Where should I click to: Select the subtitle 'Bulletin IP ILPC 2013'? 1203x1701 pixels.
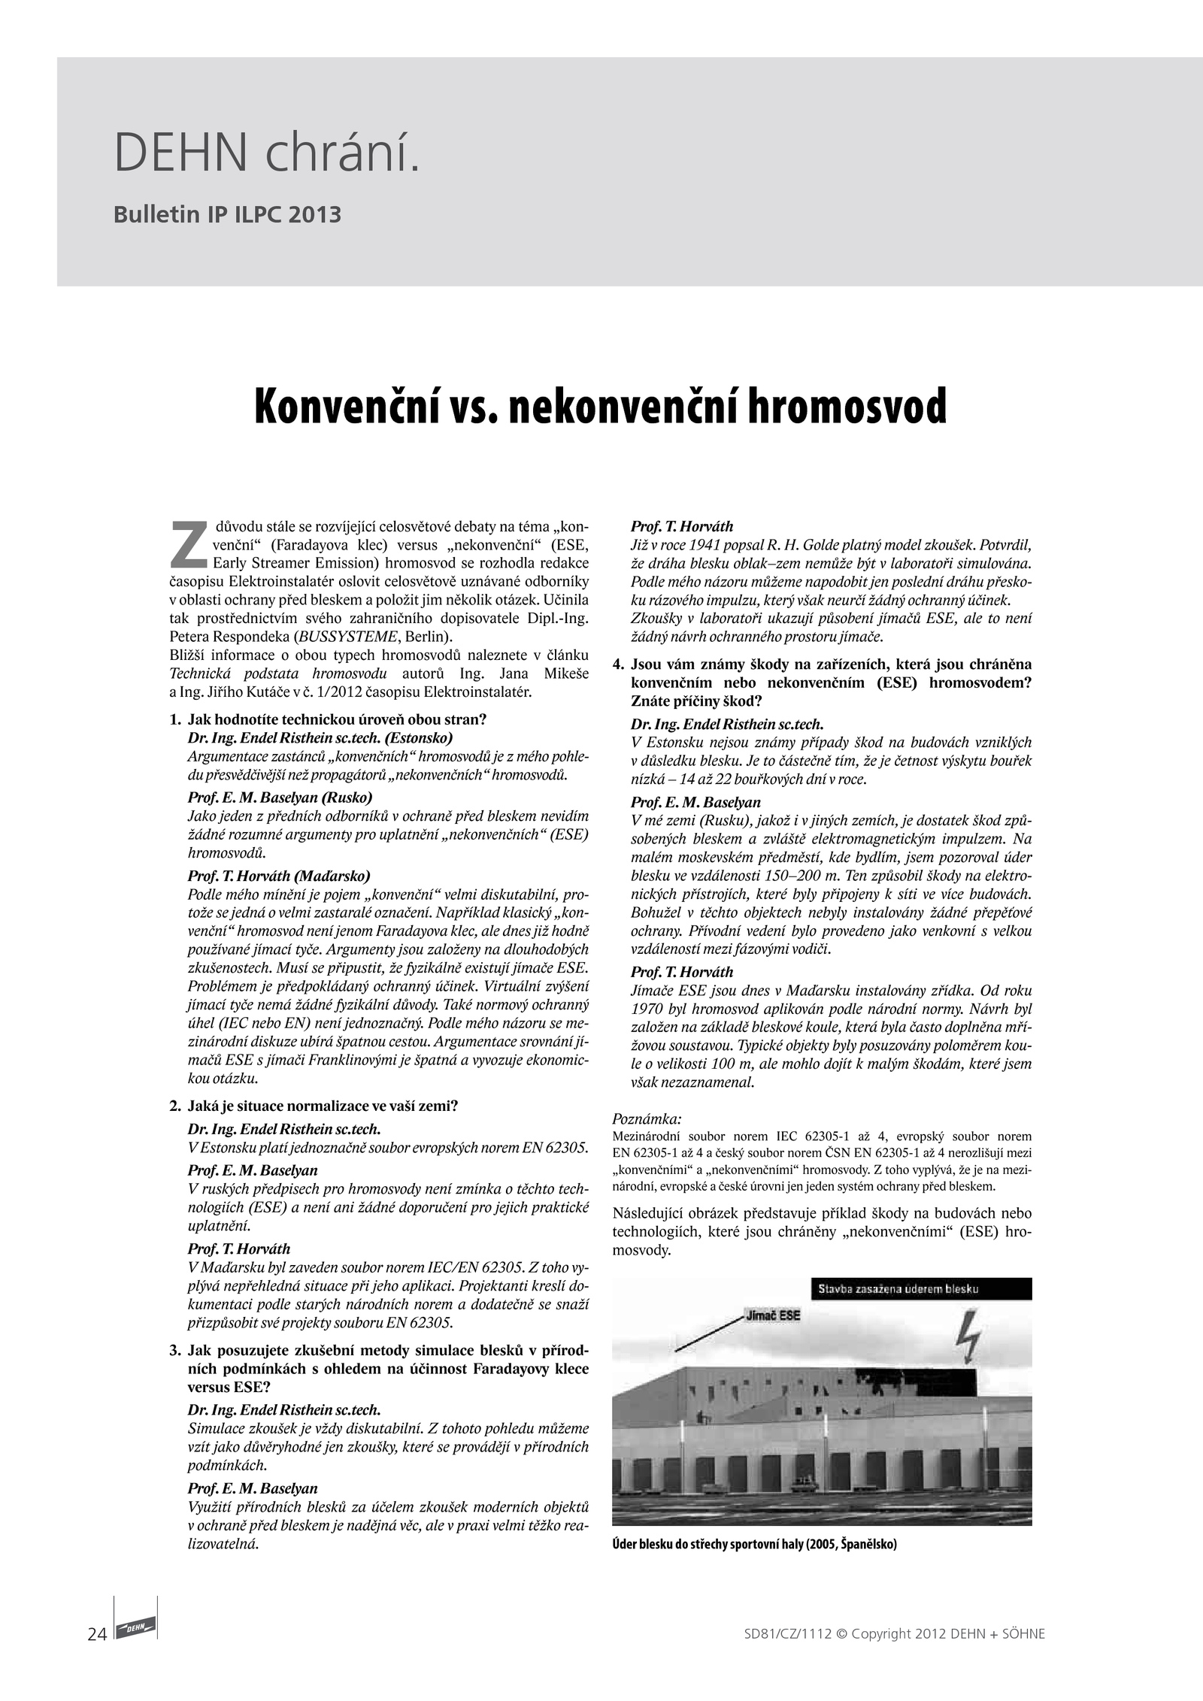pos(227,215)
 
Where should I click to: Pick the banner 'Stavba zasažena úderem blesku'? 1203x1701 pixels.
pos(898,1288)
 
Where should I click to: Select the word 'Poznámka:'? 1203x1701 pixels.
pos(647,1118)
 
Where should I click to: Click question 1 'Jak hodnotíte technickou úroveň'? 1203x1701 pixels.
pos(337,719)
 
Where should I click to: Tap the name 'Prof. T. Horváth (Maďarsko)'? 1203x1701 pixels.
pos(279,876)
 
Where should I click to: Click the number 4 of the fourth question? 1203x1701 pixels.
pos(619,664)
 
